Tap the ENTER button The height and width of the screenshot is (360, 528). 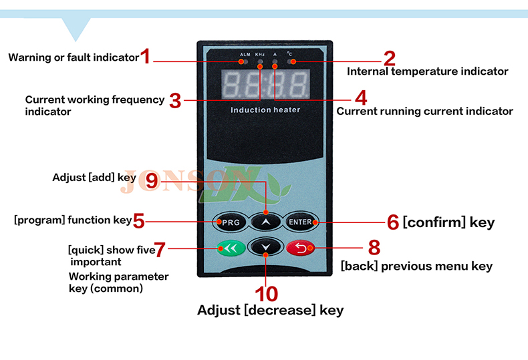click(x=300, y=222)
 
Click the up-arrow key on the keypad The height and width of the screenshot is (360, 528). click(x=266, y=222)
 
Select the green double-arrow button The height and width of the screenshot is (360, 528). click(x=231, y=248)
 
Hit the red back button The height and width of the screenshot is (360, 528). click(x=301, y=248)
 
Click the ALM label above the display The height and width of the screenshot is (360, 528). click(x=245, y=55)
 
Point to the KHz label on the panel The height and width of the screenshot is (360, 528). click(x=259, y=55)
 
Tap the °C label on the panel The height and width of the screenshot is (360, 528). click(x=289, y=54)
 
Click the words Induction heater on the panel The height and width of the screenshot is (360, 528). click(x=265, y=110)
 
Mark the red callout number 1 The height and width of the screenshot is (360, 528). click(x=145, y=56)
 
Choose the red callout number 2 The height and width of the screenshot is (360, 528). click(x=390, y=58)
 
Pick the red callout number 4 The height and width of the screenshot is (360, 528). click(x=361, y=98)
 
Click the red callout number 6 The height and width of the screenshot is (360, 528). click(x=393, y=222)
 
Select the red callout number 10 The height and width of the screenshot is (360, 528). click(x=267, y=294)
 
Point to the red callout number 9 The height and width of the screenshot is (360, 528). click(x=152, y=181)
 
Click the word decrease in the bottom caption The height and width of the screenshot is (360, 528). click(x=280, y=310)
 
